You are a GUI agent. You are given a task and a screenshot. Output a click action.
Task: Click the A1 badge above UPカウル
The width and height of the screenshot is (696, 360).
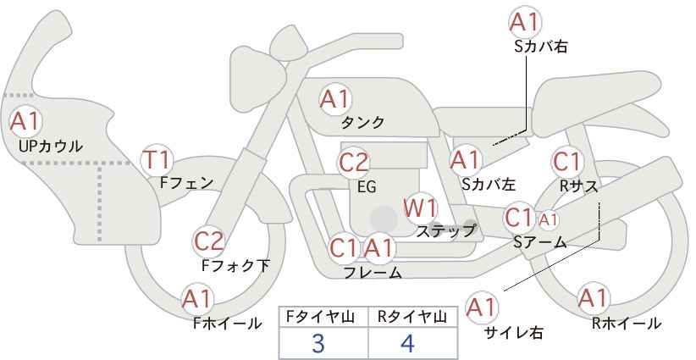pyautogui.click(x=25, y=121)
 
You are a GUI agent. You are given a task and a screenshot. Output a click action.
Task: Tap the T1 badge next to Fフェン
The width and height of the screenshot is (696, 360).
pyautogui.click(x=157, y=158)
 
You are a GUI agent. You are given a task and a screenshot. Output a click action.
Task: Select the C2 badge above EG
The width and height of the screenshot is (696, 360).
pyautogui.click(x=355, y=162)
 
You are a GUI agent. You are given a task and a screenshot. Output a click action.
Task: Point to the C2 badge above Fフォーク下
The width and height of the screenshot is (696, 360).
pyautogui.click(x=208, y=241)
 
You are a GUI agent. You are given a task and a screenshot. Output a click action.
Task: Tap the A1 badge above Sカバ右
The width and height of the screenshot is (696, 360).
pyautogui.click(x=526, y=21)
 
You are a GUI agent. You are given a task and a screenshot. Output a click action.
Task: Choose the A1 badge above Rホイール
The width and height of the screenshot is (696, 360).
pyautogui.click(x=594, y=298)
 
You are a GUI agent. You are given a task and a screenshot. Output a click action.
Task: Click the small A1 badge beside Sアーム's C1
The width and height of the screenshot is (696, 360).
pyautogui.click(x=548, y=219)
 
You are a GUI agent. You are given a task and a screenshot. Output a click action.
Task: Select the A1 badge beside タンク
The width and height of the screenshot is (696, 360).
pyautogui.click(x=335, y=98)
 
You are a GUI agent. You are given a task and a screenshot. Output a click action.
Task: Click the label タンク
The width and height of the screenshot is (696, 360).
pyautogui.click(x=363, y=123)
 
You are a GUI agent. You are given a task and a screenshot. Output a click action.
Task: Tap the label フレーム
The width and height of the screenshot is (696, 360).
pyautogui.click(x=373, y=273)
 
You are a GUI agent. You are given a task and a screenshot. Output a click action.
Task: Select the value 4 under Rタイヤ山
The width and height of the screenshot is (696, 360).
pyautogui.click(x=408, y=345)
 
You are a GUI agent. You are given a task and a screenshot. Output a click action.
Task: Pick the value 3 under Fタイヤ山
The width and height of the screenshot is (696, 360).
pyautogui.click(x=318, y=345)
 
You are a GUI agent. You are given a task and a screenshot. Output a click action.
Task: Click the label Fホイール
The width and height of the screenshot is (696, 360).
pyautogui.click(x=227, y=323)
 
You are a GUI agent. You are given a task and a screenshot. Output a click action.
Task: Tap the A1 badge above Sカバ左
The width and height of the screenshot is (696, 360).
pyautogui.click(x=465, y=159)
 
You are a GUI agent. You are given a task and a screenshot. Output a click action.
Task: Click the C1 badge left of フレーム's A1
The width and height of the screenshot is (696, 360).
pyautogui.click(x=344, y=248)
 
